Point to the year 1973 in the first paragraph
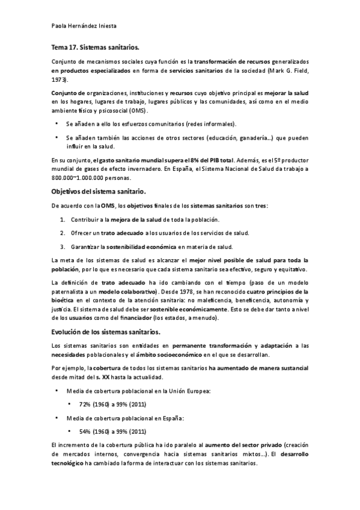point(59,79)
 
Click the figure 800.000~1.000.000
point(78,178)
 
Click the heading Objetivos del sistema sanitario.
point(97,192)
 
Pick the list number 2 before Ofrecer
point(62,233)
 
